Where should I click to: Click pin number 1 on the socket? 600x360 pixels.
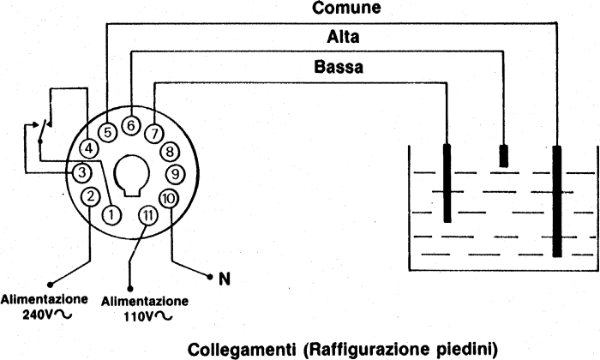tap(111, 214)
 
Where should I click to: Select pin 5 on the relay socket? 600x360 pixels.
tap(107, 132)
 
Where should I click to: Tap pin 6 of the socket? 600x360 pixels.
tap(131, 125)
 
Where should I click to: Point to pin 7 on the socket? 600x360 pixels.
tap(154, 134)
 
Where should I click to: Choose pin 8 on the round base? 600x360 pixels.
tap(170, 152)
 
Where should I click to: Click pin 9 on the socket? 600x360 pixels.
tap(175, 174)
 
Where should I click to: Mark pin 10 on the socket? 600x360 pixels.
tap(168, 199)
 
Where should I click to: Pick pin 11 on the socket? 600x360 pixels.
tap(147, 216)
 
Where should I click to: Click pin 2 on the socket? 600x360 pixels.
tap(90, 196)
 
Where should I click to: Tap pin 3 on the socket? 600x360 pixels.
tap(82, 172)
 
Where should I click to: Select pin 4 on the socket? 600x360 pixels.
tap(89, 148)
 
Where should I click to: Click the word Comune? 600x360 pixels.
tap(346, 8)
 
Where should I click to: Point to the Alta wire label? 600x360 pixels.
tap(343, 37)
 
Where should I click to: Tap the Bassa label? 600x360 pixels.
tap(339, 67)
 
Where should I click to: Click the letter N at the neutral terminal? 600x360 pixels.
tap(225, 279)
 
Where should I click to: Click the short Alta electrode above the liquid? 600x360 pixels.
tap(504, 156)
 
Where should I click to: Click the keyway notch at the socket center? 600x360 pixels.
tap(132, 176)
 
